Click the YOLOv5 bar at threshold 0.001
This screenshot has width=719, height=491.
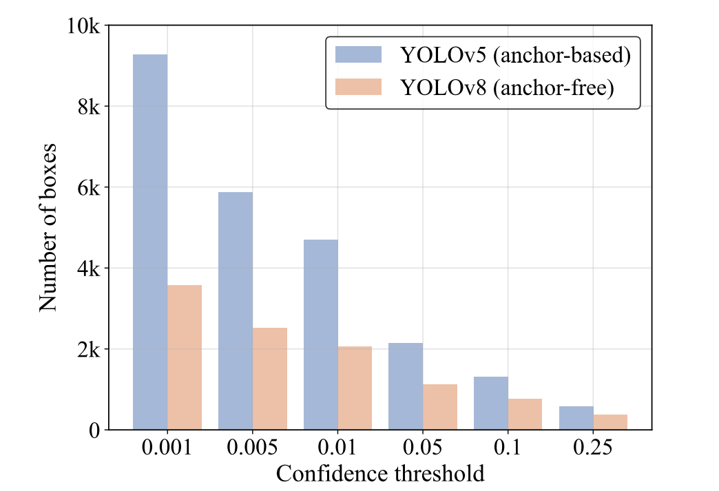point(150,241)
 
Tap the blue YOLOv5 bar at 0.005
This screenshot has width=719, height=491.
point(236,311)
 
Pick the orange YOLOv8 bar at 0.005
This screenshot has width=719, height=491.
point(270,378)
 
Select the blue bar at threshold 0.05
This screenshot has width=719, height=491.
point(406,386)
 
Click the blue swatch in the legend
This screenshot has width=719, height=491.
point(358,55)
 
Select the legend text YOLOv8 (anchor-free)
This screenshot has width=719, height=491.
point(506,88)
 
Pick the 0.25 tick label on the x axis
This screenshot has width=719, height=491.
point(593,450)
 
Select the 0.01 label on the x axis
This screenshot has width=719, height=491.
point(337,450)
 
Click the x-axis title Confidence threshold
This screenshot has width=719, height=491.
point(380,474)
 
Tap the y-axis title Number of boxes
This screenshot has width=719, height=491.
point(48,227)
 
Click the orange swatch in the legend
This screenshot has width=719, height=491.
point(358,88)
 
